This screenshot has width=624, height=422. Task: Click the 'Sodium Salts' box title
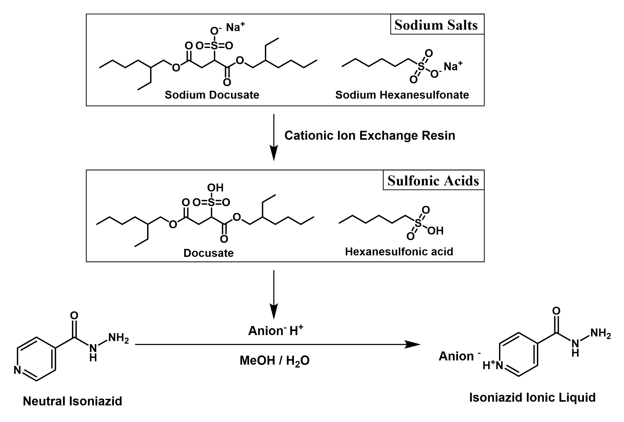[x=436, y=25]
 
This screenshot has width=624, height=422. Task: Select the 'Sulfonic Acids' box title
[x=433, y=181]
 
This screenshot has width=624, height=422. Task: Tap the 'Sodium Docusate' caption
[x=212, y=95]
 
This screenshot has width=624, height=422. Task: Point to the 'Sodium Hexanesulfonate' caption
[x=402, y=95]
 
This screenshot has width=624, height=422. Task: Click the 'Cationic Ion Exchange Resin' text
[x=370, y=135]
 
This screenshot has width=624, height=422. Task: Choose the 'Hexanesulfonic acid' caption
[x=399, y=252]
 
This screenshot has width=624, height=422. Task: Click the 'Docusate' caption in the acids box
[x=208, y=253]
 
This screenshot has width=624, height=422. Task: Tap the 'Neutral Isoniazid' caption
[x=72, y=401]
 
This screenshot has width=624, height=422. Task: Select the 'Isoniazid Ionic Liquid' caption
[x=532, y=397]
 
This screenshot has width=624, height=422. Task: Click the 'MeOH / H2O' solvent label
[x=274, y=361]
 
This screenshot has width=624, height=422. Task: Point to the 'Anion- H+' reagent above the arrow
[x=276, y=331]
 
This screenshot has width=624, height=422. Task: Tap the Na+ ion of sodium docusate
[x=235, y=27]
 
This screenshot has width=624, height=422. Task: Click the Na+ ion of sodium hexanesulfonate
[x=453, y=66]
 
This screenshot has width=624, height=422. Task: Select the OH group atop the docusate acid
[x=215, y=188]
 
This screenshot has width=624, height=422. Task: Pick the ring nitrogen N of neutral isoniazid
[x=18, y=370]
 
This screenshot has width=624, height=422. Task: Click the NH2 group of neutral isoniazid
[x=118, y=338]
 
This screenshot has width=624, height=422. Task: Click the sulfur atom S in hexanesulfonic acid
[x=418, y=222]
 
